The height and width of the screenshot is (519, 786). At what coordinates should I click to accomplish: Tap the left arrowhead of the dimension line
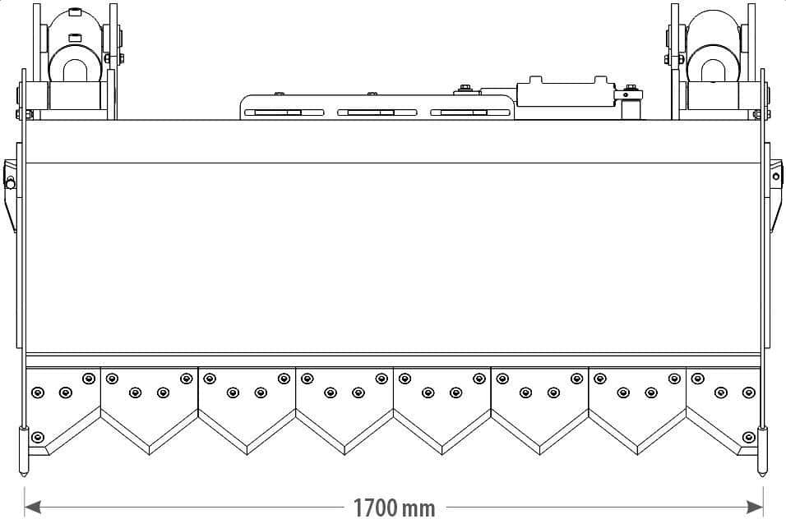[x=32, y=508]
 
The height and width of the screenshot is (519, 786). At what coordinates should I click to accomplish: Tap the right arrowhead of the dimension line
[x=755, y=508]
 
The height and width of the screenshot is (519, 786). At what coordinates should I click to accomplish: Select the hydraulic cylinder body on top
[x=565, y=93]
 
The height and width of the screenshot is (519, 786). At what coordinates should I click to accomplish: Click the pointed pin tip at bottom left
[x=24, y=474]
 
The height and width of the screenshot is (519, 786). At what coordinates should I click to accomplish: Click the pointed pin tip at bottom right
[x=762, y=474]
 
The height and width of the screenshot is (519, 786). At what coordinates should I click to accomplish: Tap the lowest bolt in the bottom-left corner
[x=38, y=438]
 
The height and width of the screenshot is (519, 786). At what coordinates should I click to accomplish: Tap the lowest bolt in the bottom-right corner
[x=748, y=438]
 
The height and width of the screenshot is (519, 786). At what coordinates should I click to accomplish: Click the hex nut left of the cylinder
[x=465, y=88]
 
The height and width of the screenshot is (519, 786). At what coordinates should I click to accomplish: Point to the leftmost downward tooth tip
[x=150, y=454]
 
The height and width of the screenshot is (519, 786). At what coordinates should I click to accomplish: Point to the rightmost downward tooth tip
[x=638, y=454]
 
